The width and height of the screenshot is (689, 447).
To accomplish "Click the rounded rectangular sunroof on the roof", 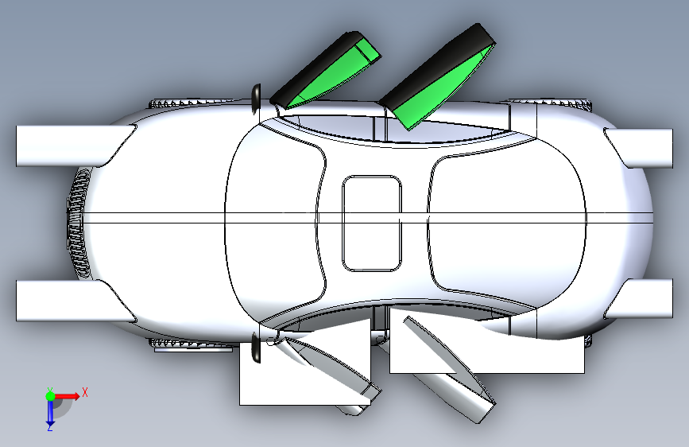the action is [372, 223].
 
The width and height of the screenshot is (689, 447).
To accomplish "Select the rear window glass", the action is [509, 223].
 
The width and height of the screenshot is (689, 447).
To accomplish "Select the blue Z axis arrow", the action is [49, 411].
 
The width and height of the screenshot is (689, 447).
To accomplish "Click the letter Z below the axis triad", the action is [49, 427].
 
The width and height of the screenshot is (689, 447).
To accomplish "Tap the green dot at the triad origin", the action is [49, 395].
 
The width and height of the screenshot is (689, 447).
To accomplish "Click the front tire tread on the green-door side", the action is [191, 102].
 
